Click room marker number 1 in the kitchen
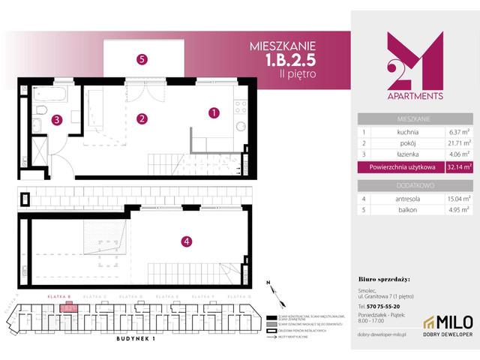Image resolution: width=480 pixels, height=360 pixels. pos(214,113)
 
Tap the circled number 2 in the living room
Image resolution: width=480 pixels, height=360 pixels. pos(140,118)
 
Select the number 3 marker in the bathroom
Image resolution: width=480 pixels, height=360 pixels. pos(56,118)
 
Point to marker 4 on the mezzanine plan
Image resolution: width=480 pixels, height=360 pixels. pos(186,241)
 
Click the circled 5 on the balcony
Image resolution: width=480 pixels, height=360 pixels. pos(141,58)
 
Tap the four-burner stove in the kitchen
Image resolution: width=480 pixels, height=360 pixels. pos(241,109)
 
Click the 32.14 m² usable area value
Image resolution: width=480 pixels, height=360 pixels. pos(455,167)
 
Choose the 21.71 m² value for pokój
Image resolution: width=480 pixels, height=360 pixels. pos(454,143)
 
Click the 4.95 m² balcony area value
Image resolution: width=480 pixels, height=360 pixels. pos(455,211)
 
